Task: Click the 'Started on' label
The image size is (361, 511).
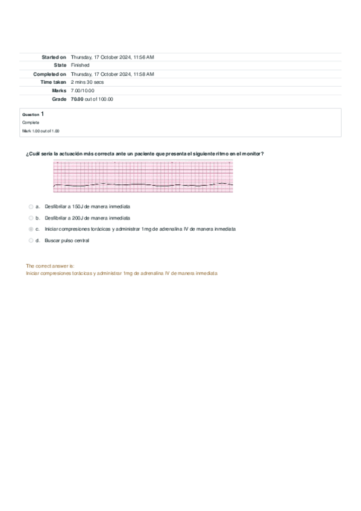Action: click(54, 57)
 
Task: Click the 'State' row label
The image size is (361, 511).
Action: click(60, 65)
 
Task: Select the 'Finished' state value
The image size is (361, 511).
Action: click(80, 65)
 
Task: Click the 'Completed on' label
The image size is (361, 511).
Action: click(50, 74)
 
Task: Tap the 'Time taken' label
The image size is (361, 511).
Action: click(53, 82)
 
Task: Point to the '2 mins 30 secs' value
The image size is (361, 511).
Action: click(87, 82)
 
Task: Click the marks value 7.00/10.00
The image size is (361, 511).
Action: click(83, 90)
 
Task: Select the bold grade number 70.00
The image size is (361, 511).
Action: click(77, 99)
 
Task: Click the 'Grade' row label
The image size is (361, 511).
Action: click(59, 99)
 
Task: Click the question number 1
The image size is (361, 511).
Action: click(42, 113)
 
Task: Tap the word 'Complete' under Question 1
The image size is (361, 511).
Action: click(30, 122)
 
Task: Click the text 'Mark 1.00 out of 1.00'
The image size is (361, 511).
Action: click(40, 131)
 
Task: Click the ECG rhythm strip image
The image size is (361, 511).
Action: click(143, 177)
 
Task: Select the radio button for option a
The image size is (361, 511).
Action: click(31, 206)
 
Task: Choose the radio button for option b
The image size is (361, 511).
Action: click(31, 218)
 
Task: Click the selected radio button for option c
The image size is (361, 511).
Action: click(31, 229)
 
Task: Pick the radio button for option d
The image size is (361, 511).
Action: click(31, 240)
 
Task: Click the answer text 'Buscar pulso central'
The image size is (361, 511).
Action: click(67, 240)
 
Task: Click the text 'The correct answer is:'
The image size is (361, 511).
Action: click(50, 266)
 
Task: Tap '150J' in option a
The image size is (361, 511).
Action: click(78, 206)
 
